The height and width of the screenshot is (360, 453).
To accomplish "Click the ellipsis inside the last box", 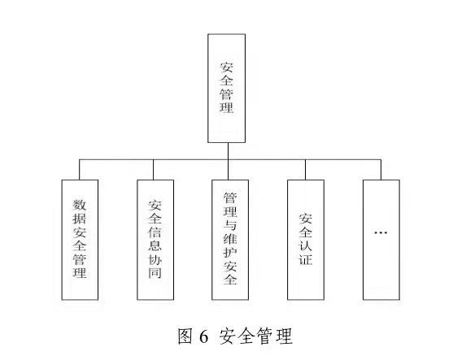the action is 381,232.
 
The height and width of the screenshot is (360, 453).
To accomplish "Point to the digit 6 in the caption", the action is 203,336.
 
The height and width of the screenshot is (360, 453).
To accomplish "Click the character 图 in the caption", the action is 185,336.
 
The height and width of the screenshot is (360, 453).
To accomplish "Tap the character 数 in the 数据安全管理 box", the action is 80,205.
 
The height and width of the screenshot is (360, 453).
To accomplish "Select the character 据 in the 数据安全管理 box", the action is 80,219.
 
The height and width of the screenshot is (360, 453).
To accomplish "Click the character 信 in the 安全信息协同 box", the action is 155,232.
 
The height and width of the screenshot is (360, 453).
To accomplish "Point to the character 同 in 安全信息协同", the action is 155,273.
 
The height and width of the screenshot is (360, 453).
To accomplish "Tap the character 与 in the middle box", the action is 230,225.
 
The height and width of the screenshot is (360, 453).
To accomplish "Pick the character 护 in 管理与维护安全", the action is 230,253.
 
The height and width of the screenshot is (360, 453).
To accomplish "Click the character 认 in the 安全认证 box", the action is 306,246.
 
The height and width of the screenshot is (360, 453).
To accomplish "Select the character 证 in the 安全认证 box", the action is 306,259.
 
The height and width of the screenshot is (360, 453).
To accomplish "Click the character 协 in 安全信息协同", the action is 155,259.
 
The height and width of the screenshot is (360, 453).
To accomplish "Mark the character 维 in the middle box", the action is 230,239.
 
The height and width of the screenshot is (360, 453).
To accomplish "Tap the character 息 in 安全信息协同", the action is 155,246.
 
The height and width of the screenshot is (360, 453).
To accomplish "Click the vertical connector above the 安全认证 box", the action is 305,170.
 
